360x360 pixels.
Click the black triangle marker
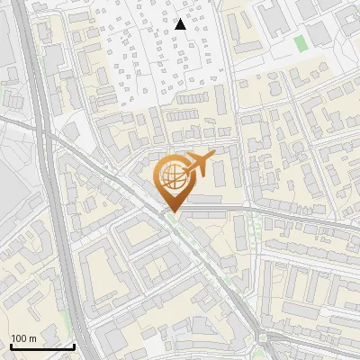pyautogui.click(x=180, y=24)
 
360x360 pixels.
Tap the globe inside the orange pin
pyautogui.click(x=172, y=177)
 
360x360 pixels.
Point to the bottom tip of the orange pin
pyautogui.click(x=172, y=212)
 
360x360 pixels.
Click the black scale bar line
pyautogui.click(x=42, y=346)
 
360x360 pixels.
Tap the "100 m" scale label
pyautogui.click(x=24, y=338)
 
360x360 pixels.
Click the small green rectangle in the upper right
pyautogui.click(x=300, y=43)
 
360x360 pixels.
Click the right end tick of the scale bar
pyautogui.click(x=73, y=346)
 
